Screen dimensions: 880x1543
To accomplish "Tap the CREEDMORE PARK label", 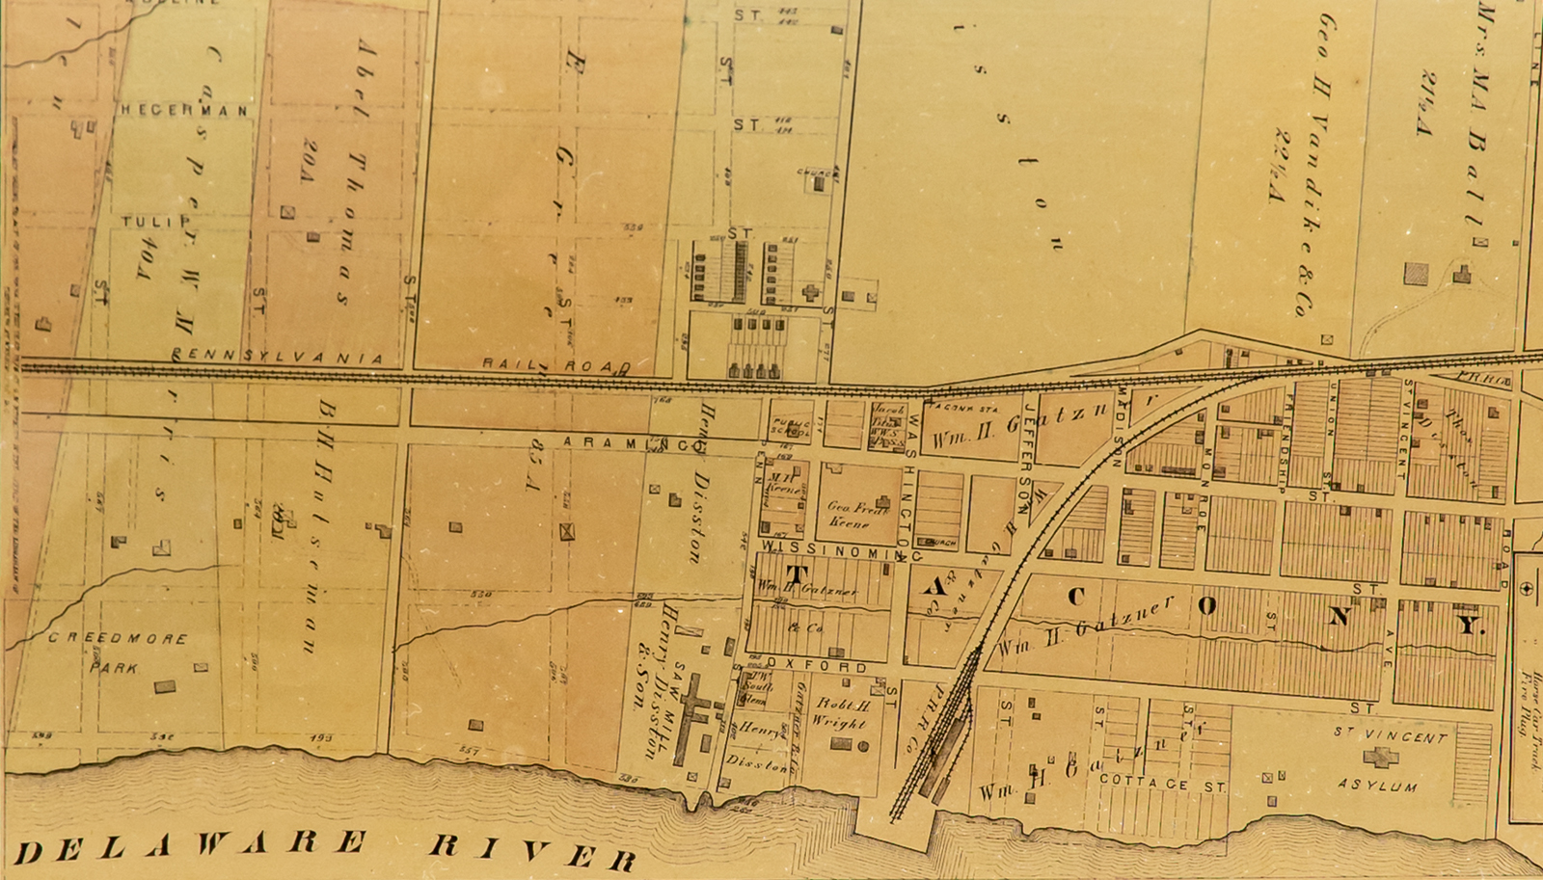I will point(118,653).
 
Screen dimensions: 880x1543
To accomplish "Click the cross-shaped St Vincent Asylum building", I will point(1380,757).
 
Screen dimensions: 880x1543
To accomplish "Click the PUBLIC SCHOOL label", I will point(790,428).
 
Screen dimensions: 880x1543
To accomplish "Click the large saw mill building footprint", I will point(691,718).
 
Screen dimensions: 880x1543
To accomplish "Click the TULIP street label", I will point(156,222).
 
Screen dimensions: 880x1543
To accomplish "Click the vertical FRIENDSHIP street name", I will point(1283,444).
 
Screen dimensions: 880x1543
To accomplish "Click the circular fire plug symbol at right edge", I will point(1527,588).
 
